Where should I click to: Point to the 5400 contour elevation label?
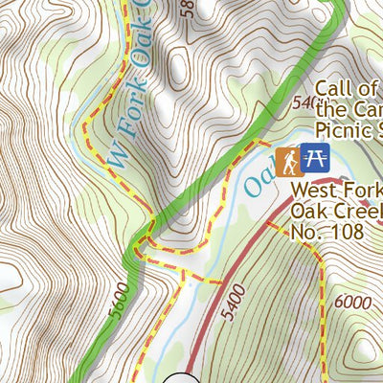[x=241, y=300]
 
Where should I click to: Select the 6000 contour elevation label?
[x=353, y=302]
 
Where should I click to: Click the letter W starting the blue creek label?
[x=116, y=154]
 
